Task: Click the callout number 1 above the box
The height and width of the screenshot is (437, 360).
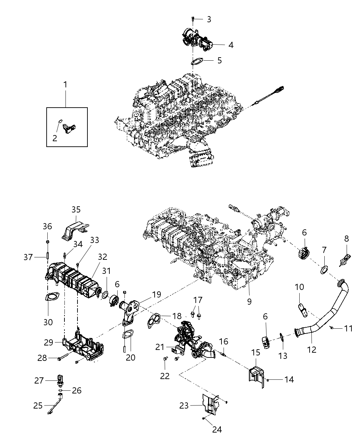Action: (x=65, y=84)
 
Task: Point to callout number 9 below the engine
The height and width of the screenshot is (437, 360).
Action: (x=249, y=301)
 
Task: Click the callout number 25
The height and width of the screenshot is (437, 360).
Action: (x=38, y=405)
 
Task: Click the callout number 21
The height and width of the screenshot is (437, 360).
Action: (x=160, y=347)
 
